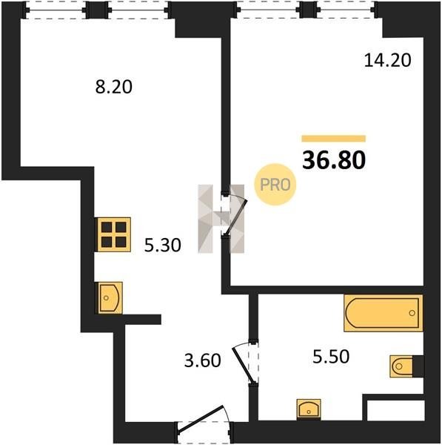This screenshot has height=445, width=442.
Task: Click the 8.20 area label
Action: [113, 87]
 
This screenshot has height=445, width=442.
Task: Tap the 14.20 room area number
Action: [387, 61]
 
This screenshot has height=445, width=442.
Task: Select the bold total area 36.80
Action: [334, 160]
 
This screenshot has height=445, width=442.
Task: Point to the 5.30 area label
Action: [162, 245]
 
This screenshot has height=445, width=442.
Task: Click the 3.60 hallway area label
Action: [202, 361]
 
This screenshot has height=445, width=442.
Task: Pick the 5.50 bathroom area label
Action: [331, 357]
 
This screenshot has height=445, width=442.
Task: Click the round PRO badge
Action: [275, 185]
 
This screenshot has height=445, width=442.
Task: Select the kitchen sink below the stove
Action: [110, 297]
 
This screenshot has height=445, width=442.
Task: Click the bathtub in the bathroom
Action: [383, 313]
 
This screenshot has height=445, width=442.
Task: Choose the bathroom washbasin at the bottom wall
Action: [309, 409]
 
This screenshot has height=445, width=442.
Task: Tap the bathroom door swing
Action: [243, 363]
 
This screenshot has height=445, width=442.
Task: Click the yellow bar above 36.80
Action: [333, 139]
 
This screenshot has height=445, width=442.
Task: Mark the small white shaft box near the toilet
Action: [396, 410]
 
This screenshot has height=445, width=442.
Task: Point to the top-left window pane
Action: [56, 10]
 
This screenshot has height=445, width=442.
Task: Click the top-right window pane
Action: [346, 10]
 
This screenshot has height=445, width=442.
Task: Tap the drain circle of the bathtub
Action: [412, 313]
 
